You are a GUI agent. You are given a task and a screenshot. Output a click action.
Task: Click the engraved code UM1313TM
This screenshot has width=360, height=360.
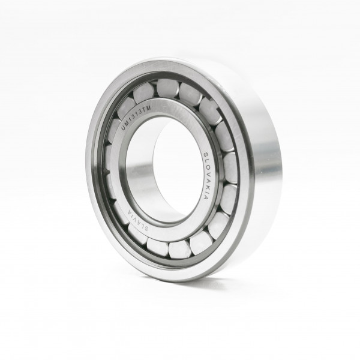136,118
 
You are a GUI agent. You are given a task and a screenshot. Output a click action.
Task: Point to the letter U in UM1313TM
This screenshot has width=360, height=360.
123,128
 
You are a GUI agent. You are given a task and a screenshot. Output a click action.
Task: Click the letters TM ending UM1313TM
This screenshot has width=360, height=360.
147,109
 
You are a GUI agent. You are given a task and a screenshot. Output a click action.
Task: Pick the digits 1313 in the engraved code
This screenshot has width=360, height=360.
136,117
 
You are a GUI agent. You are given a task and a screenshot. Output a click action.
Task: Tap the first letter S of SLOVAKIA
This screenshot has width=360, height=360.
206,155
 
